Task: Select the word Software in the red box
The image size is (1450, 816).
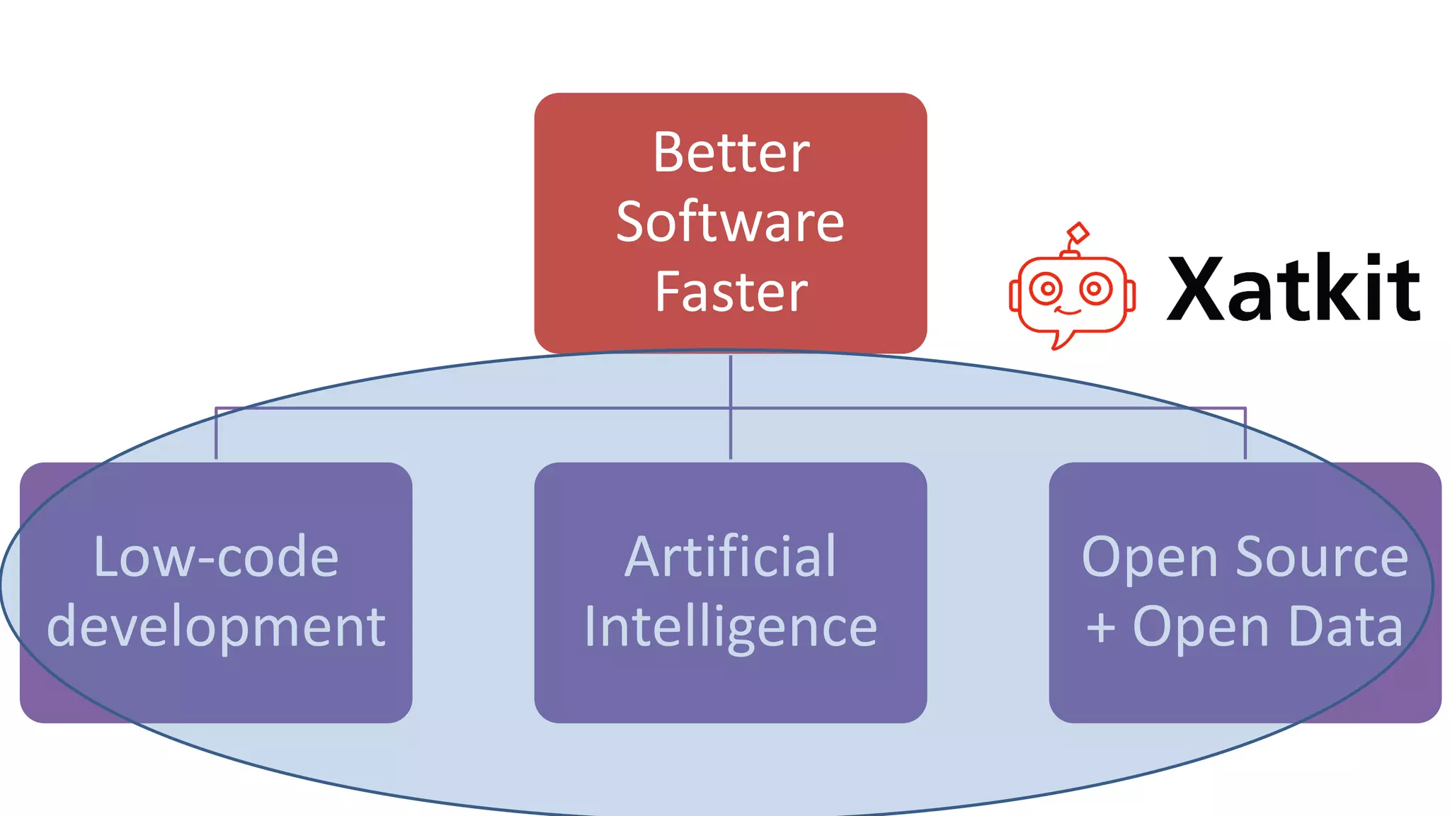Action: (x=730, y=222)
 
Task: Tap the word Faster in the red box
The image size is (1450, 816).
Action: (x=731, y=292)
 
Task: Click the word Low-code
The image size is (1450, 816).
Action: (x=216, y=557)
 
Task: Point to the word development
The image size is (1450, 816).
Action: (x=216, y=628)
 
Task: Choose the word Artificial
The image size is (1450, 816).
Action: (x=730, y=557)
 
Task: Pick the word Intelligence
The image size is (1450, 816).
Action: (x=730, y=628)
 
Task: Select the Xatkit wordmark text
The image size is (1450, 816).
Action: (x=1293, y=289)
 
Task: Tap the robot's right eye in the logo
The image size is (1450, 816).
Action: (x=1095, y=289)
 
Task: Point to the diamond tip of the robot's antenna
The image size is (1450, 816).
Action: (x=1078, y=232)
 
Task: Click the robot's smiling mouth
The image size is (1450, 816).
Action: (x=1068, y=310)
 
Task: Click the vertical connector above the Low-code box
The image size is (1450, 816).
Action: (x=216, y=433)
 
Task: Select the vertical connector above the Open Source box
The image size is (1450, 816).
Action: (x=1245, y=433)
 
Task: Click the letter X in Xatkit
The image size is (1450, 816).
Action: (x=1197, y=289)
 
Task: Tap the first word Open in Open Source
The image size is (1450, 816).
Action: (x=1150, y=557)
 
